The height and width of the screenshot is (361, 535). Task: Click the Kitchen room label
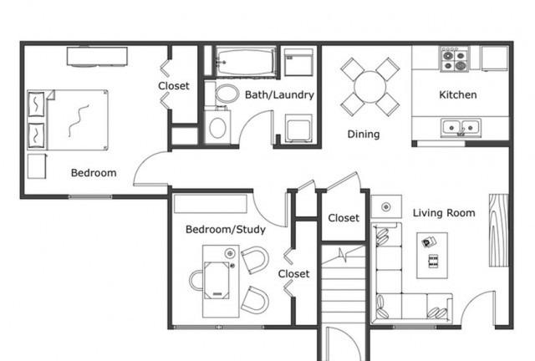click(457, 94)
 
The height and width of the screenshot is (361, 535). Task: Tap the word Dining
click(364, 134)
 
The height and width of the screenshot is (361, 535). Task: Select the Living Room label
click(444, 213)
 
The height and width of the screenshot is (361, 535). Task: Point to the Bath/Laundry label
click(279, 94)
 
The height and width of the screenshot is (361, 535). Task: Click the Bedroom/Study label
click(226, 229)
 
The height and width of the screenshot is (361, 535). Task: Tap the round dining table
click(369, 87)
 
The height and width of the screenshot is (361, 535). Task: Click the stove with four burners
click(455, 59)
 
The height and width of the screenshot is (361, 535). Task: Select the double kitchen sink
click(461, 128)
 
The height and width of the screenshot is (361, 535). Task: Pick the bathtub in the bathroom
click(246, 61)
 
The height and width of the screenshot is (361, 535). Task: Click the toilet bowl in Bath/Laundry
click(227, 94)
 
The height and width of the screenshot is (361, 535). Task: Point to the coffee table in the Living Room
click(432, 255)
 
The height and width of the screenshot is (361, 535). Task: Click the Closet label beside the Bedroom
click(174, 86)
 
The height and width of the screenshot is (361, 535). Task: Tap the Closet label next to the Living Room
click(344, 218)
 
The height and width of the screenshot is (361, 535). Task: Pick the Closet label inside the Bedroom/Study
click(293, 273)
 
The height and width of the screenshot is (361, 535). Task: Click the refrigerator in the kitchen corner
click(494, 58)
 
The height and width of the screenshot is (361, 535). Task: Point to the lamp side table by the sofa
click(386, 206)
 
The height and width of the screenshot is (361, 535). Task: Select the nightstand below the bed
click(37, 166)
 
